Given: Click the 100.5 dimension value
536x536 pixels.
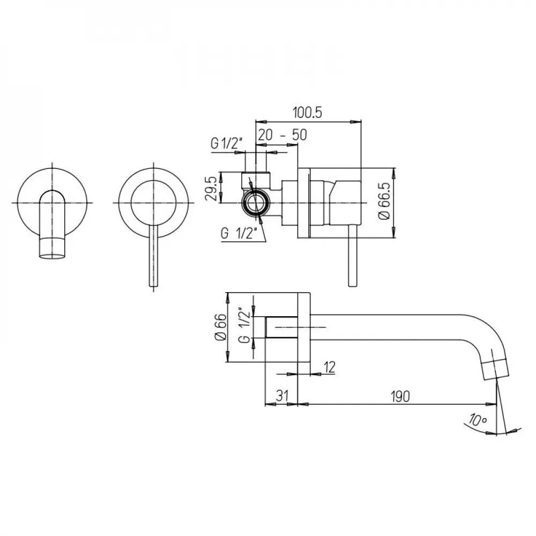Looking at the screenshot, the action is pos(307,113).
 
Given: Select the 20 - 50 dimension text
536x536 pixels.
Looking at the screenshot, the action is pos(282,135).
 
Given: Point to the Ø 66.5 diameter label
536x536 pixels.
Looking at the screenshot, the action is pos(384,201).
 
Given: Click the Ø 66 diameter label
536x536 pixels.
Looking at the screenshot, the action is pos(220,327).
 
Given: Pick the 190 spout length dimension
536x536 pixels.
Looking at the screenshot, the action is pos(400,396).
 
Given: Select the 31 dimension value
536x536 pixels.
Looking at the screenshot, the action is pos(282,396).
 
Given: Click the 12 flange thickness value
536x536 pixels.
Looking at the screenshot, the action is pos(329,367).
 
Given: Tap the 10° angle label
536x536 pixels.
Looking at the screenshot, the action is pos(478,420).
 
